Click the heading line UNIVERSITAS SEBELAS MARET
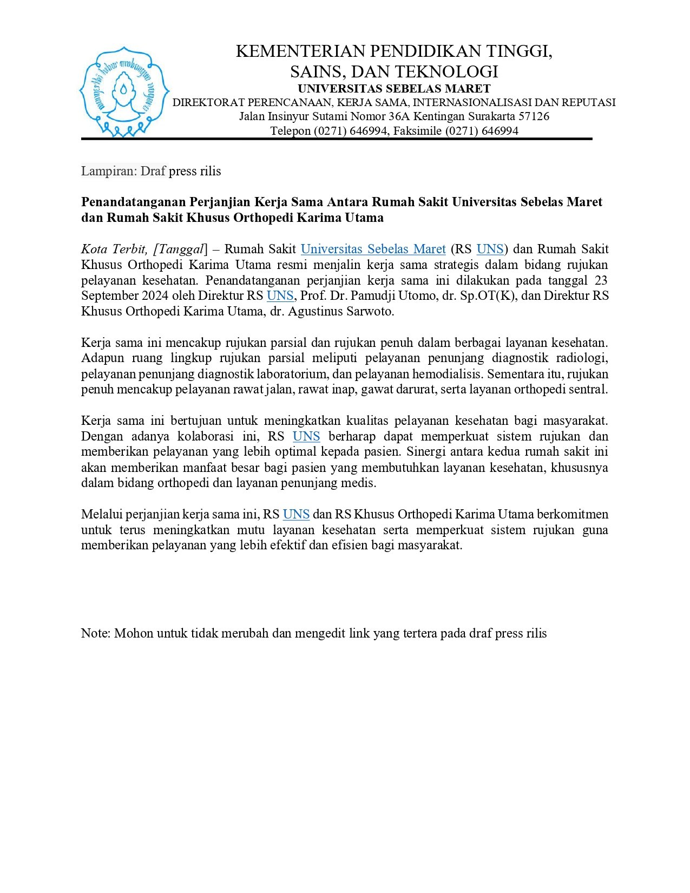click(394, 88)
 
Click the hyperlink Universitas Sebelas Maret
click(373, 249)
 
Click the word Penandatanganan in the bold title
click(133, 202)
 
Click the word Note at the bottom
click(95, 634)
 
